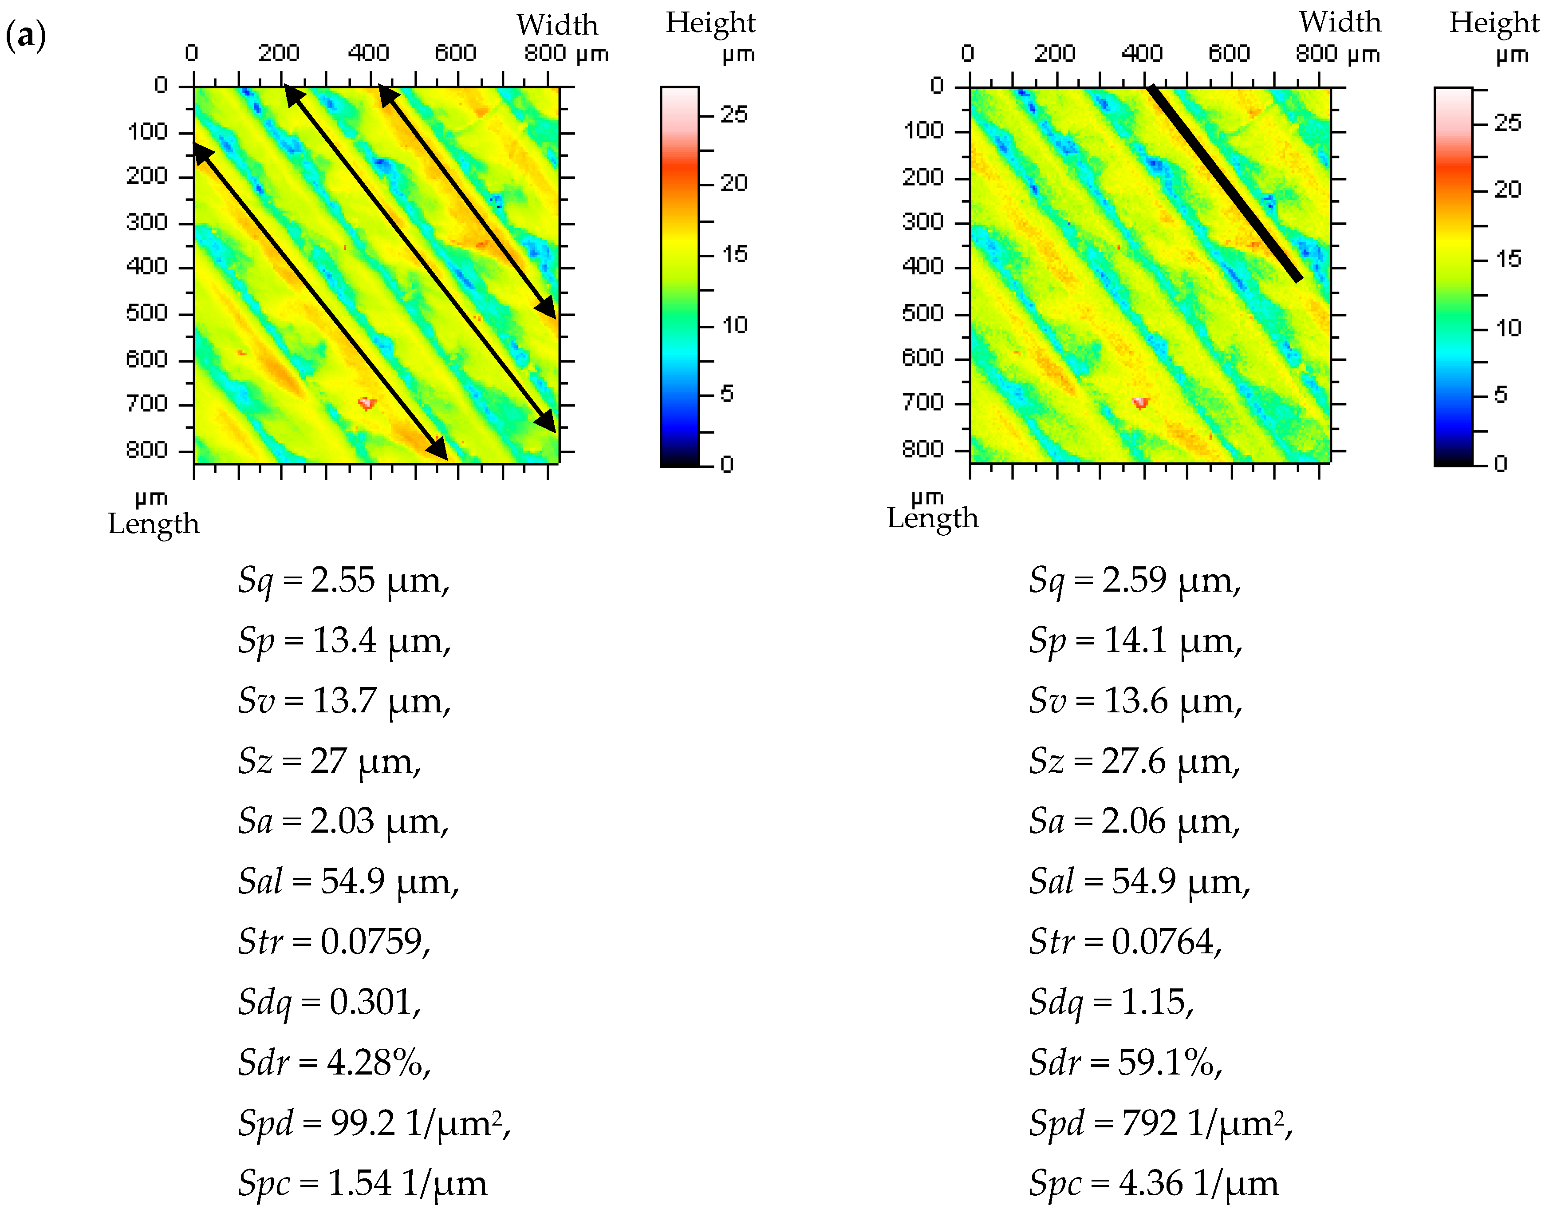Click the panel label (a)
pos(26,35)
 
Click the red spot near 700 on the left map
pos(367,403)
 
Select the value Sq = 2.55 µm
pos(343,580)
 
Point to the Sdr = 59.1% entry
pos(1126,1063)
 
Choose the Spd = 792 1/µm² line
pos(1161,1123)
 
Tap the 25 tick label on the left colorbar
pos(734,115)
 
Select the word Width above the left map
pos(557,25)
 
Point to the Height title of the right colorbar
pos(1494,23)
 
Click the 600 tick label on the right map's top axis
pos(1229,53)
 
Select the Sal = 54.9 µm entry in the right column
pos(1139,881)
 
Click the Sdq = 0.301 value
pos(329,1002)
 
